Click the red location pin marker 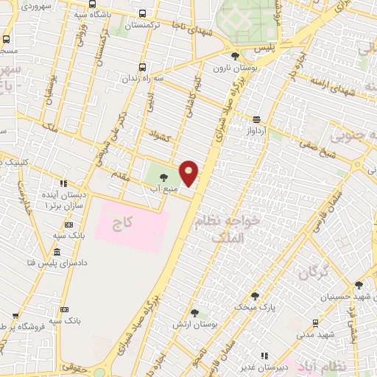(189, 173)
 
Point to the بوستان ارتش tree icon (194, 313)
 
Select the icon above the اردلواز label (256, 119)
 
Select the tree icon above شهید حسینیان (359, 285)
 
